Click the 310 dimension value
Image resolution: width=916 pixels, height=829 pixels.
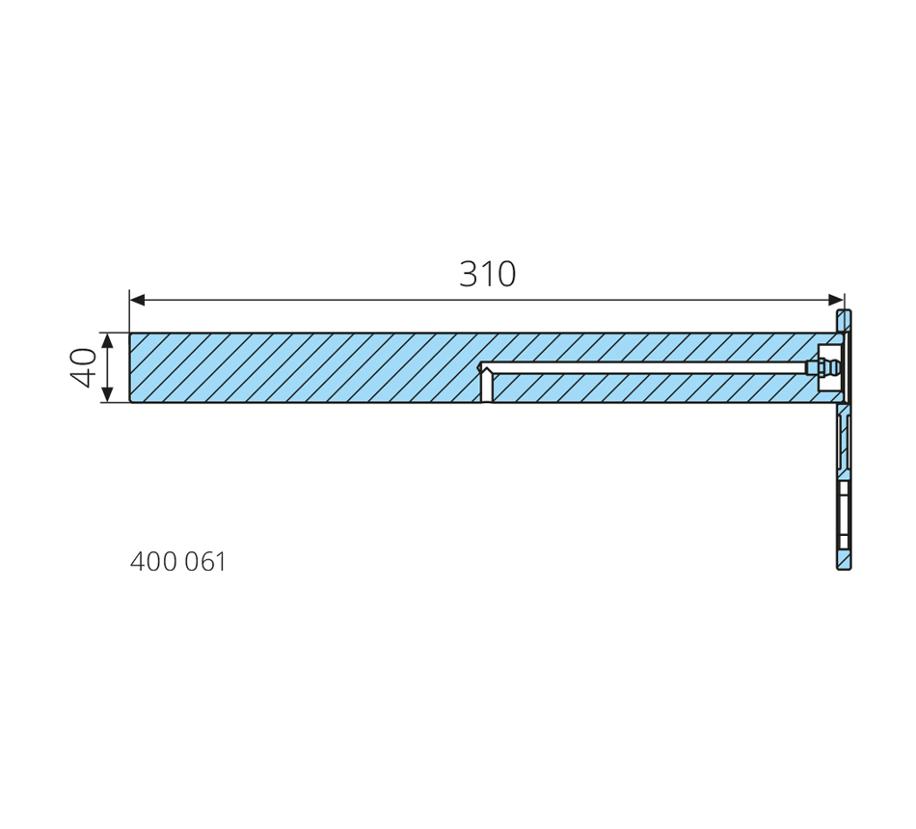coord(487,274)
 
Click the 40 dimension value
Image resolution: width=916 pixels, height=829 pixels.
coord(83,367)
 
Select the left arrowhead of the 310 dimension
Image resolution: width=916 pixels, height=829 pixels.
coord(137,301)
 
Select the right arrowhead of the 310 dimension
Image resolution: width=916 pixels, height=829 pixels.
coord(836,301)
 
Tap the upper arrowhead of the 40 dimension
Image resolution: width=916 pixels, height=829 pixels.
coord(107,341)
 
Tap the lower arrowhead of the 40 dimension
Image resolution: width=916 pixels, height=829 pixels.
coord(107,394)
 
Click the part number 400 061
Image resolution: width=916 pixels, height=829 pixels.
coord(177,561)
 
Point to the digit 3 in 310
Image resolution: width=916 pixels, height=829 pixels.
coord(469,274)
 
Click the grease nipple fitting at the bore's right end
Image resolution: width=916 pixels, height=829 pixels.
coord(823,368)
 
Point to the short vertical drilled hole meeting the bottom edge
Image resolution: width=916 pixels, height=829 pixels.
coord(486,386)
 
